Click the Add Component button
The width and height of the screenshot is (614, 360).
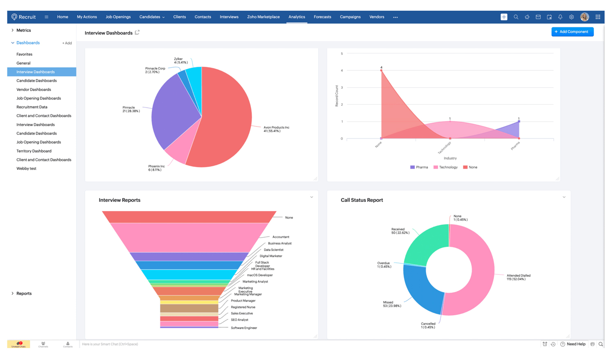(572, 32)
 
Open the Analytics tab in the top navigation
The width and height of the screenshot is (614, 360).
(296, 17)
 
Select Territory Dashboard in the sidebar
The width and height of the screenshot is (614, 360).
(34, 151)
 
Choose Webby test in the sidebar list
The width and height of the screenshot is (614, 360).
(26, 168)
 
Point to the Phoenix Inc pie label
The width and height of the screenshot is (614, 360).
(156, 168)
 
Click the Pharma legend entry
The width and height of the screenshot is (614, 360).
(419, 167)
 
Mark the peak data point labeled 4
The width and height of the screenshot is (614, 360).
(381, 70)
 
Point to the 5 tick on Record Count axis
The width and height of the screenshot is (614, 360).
(342, 54)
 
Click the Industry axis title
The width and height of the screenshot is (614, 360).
(450, 158)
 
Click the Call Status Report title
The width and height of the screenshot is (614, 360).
(361, 200)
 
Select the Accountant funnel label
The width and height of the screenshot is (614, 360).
(280, 237)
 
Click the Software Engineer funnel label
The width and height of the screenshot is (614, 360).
(244, 328)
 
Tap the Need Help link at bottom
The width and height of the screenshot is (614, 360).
(576, 344)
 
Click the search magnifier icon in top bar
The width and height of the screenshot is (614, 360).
(516, 17)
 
